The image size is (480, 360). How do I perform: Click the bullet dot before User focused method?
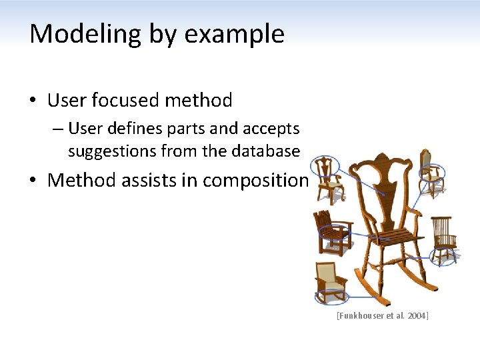pyautogui.click(x=33, y=101)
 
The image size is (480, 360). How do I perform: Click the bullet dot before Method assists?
pyautogui.click(x=33, y=181)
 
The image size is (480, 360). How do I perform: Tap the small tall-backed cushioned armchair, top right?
pyautogui.click(x=431, y=173)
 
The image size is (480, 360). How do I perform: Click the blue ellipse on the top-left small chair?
pyautogui.click(x=326, y=166)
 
